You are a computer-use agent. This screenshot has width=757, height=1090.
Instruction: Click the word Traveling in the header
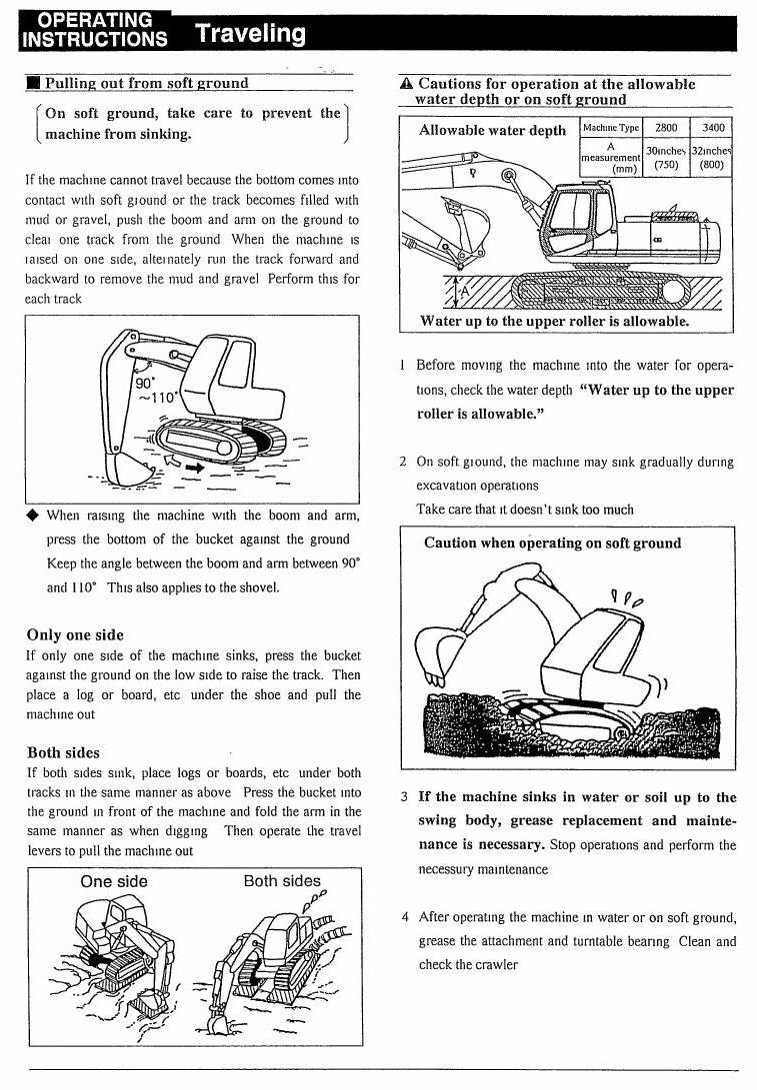(x=250, y=33)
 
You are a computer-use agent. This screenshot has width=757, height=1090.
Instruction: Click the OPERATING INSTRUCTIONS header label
(x=95, y=30)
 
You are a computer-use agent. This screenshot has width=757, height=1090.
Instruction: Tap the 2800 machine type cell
(x=666, y=127)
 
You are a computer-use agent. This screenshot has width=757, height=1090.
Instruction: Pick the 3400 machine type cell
(x=712, y=127)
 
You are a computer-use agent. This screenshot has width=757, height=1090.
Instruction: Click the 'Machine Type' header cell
(x=611, y=127)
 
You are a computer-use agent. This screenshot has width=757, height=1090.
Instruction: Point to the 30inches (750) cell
(x=666, y=157)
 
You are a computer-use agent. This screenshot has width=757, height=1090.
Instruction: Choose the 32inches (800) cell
(x=712, y=157)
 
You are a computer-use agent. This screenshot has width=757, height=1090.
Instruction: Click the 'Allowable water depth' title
(x=493, y=130)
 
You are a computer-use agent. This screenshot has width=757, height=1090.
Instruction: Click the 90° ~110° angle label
(x=156, y=390)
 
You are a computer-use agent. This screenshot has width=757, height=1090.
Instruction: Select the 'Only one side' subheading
(x=75, y=634)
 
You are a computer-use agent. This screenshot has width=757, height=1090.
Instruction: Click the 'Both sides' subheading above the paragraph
(x=63, y=752)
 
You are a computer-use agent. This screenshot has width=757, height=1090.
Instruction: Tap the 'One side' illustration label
(x=114, y=881)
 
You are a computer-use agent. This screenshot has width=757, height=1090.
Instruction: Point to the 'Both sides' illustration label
(x=282, y=881)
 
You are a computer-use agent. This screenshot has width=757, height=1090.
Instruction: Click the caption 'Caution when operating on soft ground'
(x=552, y=543)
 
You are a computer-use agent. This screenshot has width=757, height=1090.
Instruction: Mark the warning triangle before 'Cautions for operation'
(x=407, y=84)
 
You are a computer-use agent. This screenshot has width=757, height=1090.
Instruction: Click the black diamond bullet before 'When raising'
(x=32, y=516)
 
